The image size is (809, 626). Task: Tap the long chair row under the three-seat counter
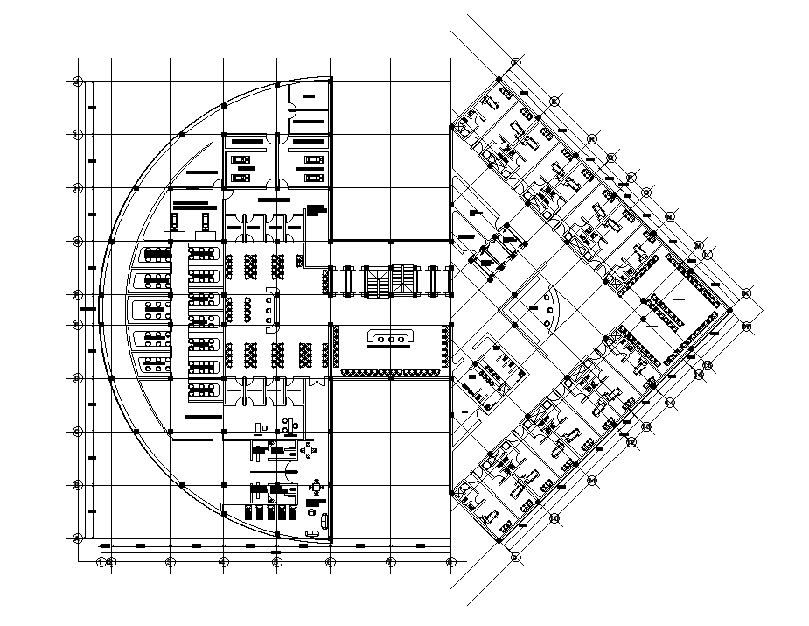[386, 373]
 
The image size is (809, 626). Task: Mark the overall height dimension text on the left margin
[86, 308]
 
